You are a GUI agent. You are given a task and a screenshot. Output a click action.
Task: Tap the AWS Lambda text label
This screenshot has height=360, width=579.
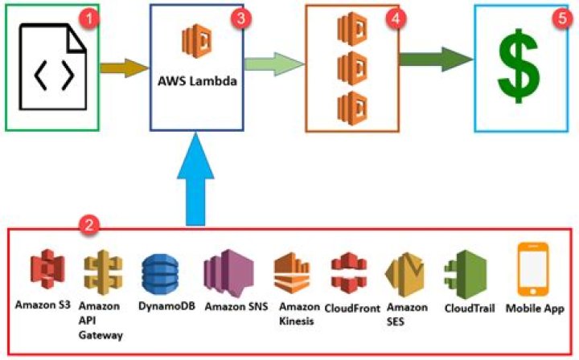(198, 80)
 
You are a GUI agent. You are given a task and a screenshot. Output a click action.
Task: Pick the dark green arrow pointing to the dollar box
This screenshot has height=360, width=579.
(435, 59)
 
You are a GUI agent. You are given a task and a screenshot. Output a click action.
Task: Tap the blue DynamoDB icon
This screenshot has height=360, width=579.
(158, 274)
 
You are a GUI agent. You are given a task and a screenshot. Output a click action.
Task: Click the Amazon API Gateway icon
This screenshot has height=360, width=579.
(101, 272)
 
